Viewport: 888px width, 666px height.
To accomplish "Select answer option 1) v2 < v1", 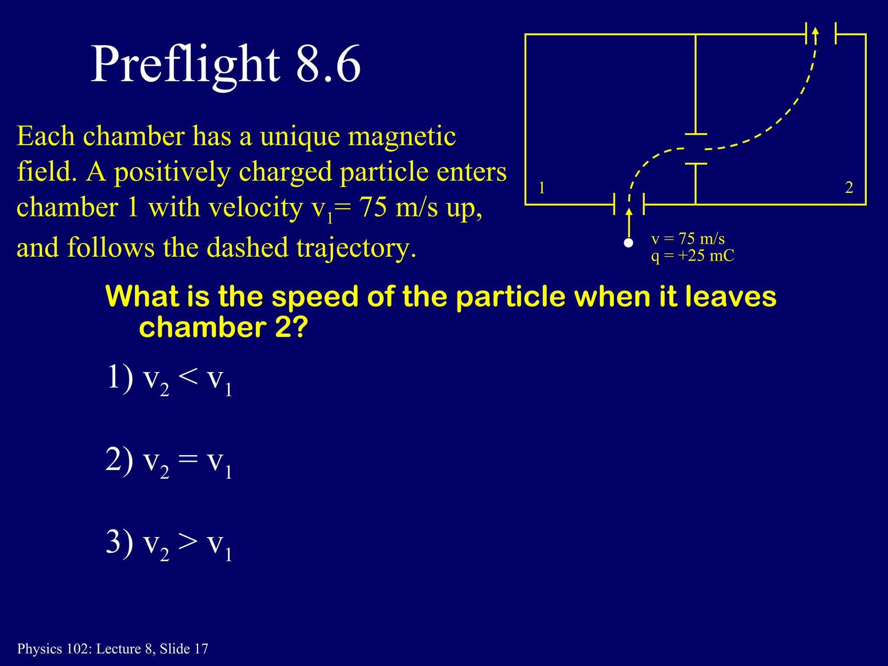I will click(169, 379).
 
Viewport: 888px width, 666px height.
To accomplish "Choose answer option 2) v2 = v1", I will click(169, 461).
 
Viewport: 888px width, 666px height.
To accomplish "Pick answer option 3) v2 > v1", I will click(169, 544).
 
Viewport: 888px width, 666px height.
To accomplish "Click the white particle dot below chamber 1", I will click(628, 243).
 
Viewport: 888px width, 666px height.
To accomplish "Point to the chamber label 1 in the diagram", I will click(542, 188).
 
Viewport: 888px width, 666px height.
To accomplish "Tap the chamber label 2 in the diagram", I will click(849, 187).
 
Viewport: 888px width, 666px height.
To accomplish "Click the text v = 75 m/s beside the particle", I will click(688, 239).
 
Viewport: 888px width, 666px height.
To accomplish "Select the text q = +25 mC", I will click(692, 256).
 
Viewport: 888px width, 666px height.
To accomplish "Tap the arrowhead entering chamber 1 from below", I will click(629, 212).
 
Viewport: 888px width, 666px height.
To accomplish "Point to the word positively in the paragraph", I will click(172, 173).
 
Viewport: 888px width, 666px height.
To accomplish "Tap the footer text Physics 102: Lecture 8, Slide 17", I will click(113, 649).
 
